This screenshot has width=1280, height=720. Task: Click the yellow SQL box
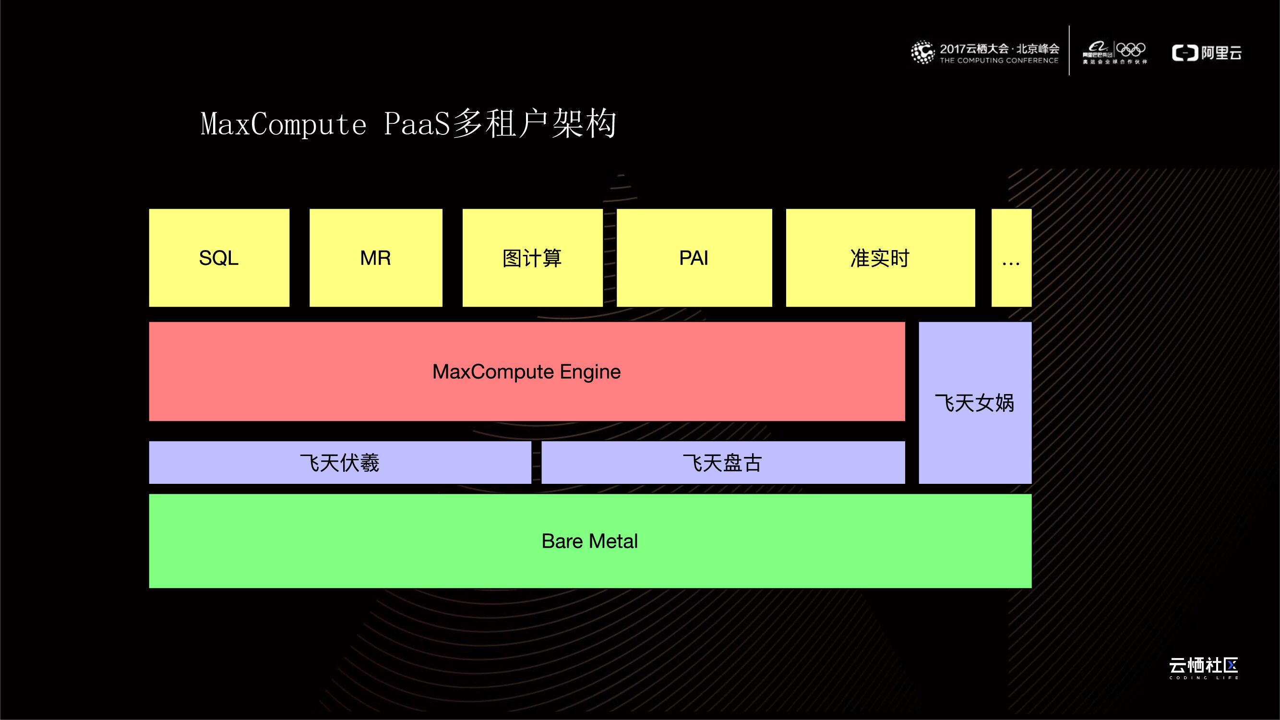[219, 257]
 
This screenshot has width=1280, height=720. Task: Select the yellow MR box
[376, 257]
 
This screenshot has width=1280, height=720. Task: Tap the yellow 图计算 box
[532, 257]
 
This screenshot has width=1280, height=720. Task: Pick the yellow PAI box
[694, 257]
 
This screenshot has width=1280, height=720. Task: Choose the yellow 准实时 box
[880, 257]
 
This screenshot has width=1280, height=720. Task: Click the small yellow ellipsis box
[1011, 257]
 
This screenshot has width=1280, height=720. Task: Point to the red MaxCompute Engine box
[526, 371]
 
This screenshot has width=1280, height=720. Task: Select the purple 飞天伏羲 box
[340, 463]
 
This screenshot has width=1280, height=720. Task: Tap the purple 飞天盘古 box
[723, 463]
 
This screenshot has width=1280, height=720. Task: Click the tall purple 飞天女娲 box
[975, 403]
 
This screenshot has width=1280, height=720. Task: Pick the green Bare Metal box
[590, 540]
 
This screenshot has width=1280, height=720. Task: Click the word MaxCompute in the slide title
[284, 124]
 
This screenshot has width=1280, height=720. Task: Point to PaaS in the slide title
[417, 124]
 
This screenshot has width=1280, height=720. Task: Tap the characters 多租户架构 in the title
[534, 124]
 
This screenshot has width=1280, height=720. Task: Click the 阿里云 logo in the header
[1207, 53]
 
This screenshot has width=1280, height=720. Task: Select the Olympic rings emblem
[1131, 50]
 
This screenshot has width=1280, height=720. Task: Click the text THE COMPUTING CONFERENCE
[999, 60]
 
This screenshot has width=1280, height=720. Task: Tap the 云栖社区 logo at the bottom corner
[1204, 667]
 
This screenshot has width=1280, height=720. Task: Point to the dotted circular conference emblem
[922, 52]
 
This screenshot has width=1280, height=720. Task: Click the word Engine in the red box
[590, 372]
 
